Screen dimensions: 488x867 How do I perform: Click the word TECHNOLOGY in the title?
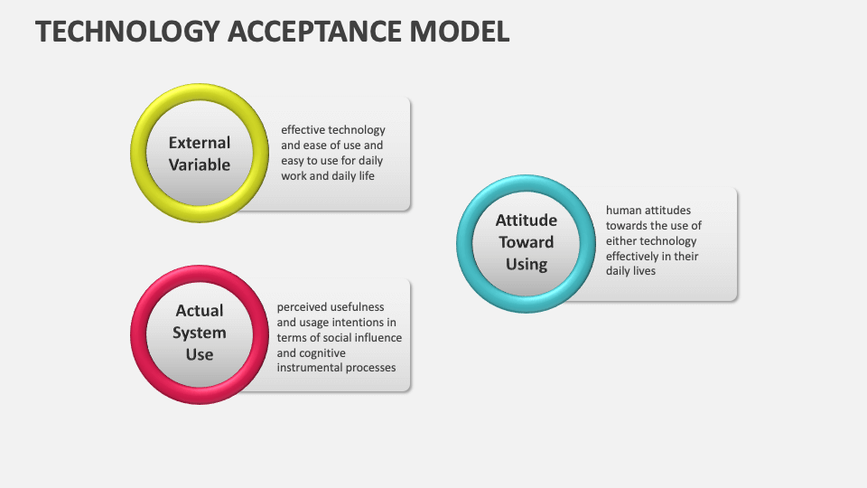click(126, 31)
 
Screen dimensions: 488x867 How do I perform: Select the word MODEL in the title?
click(461, 31)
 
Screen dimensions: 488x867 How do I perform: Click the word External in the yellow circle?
click(200, 143)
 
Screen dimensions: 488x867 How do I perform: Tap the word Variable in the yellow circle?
click(200, 164)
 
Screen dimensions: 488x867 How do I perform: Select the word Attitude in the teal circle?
click(527, 221)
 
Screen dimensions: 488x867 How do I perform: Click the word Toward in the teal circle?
click(527, 242)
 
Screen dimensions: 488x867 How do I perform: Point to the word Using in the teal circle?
click(527, 264)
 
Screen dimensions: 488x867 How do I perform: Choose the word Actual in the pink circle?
click(200, 311)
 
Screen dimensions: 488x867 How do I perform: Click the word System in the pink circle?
click(200, 333)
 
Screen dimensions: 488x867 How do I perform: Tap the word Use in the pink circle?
click(200, 354)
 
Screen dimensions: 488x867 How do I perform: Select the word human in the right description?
click(623, 211)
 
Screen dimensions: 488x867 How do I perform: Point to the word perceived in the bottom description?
click(303, 307)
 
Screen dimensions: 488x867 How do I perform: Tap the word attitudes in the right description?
click(674, 211)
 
